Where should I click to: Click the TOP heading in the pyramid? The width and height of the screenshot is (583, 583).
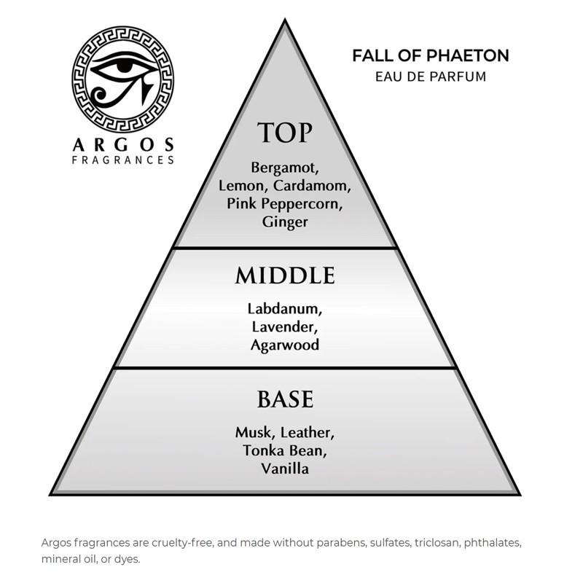285,133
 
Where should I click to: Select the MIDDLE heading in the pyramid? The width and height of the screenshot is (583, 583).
285,275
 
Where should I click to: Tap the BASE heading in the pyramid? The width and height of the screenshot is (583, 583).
285,399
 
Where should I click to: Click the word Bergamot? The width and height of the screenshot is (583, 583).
285,168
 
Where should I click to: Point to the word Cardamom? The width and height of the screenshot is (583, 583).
312,186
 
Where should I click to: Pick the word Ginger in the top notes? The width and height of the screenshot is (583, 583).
285,223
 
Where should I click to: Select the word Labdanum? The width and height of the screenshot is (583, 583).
285,309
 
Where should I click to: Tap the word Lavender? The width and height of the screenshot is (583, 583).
285,327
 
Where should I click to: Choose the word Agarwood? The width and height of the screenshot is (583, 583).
285,345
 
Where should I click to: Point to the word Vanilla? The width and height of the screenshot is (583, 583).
285,469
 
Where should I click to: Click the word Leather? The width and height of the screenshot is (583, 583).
308,433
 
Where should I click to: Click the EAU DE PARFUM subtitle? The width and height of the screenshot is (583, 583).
431,77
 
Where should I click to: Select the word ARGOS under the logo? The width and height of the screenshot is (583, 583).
123,144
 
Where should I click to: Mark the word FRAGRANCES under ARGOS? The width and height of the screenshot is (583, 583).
123,160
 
